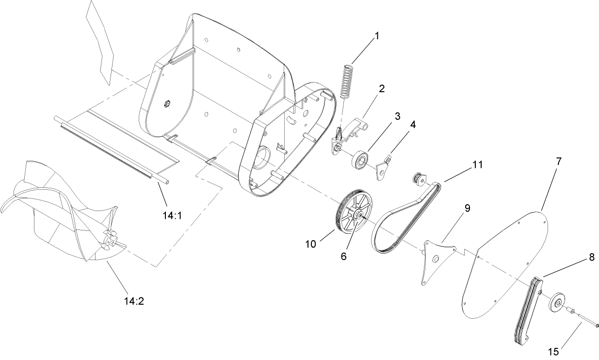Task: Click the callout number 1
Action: tap(377, 35)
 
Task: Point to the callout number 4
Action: tap(412, 124)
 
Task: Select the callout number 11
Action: tap(478, 164)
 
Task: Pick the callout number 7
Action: tap(559, 162)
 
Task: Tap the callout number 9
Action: tap(467, 208)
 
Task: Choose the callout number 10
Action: tap(311, 244)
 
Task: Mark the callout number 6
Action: tap(343, 257)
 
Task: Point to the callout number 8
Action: tap(591, 258)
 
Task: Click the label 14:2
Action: tap(133, 301)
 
